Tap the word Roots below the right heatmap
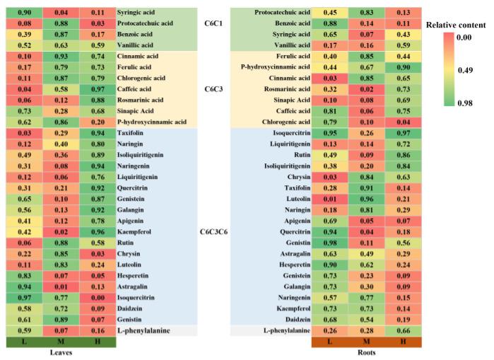[366, 352]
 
